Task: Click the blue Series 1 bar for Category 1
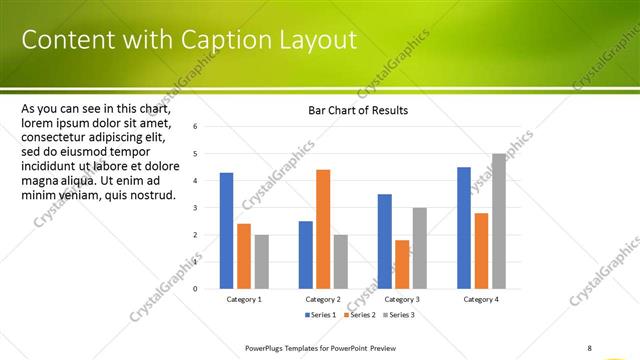coord(227,231)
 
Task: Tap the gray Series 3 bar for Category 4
coord(499,221)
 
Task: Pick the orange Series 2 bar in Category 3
coord(402,264)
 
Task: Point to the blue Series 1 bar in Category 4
coord(464,228)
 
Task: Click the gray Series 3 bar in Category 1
coord(261,262)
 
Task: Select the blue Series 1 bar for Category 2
coord(306,255)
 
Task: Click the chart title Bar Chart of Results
coord(357,110)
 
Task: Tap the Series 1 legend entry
coord(320,315)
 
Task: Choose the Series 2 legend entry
coord(359,315)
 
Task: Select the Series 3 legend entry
coord(398,315)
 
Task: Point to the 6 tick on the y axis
coord(195,127)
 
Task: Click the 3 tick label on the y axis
coord(195,208)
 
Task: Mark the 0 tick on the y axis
coord(195,289)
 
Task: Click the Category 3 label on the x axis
coord(402,299)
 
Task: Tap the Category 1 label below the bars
coord(244,299)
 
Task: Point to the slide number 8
coord(590,348)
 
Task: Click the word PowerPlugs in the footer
coord(266,348)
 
